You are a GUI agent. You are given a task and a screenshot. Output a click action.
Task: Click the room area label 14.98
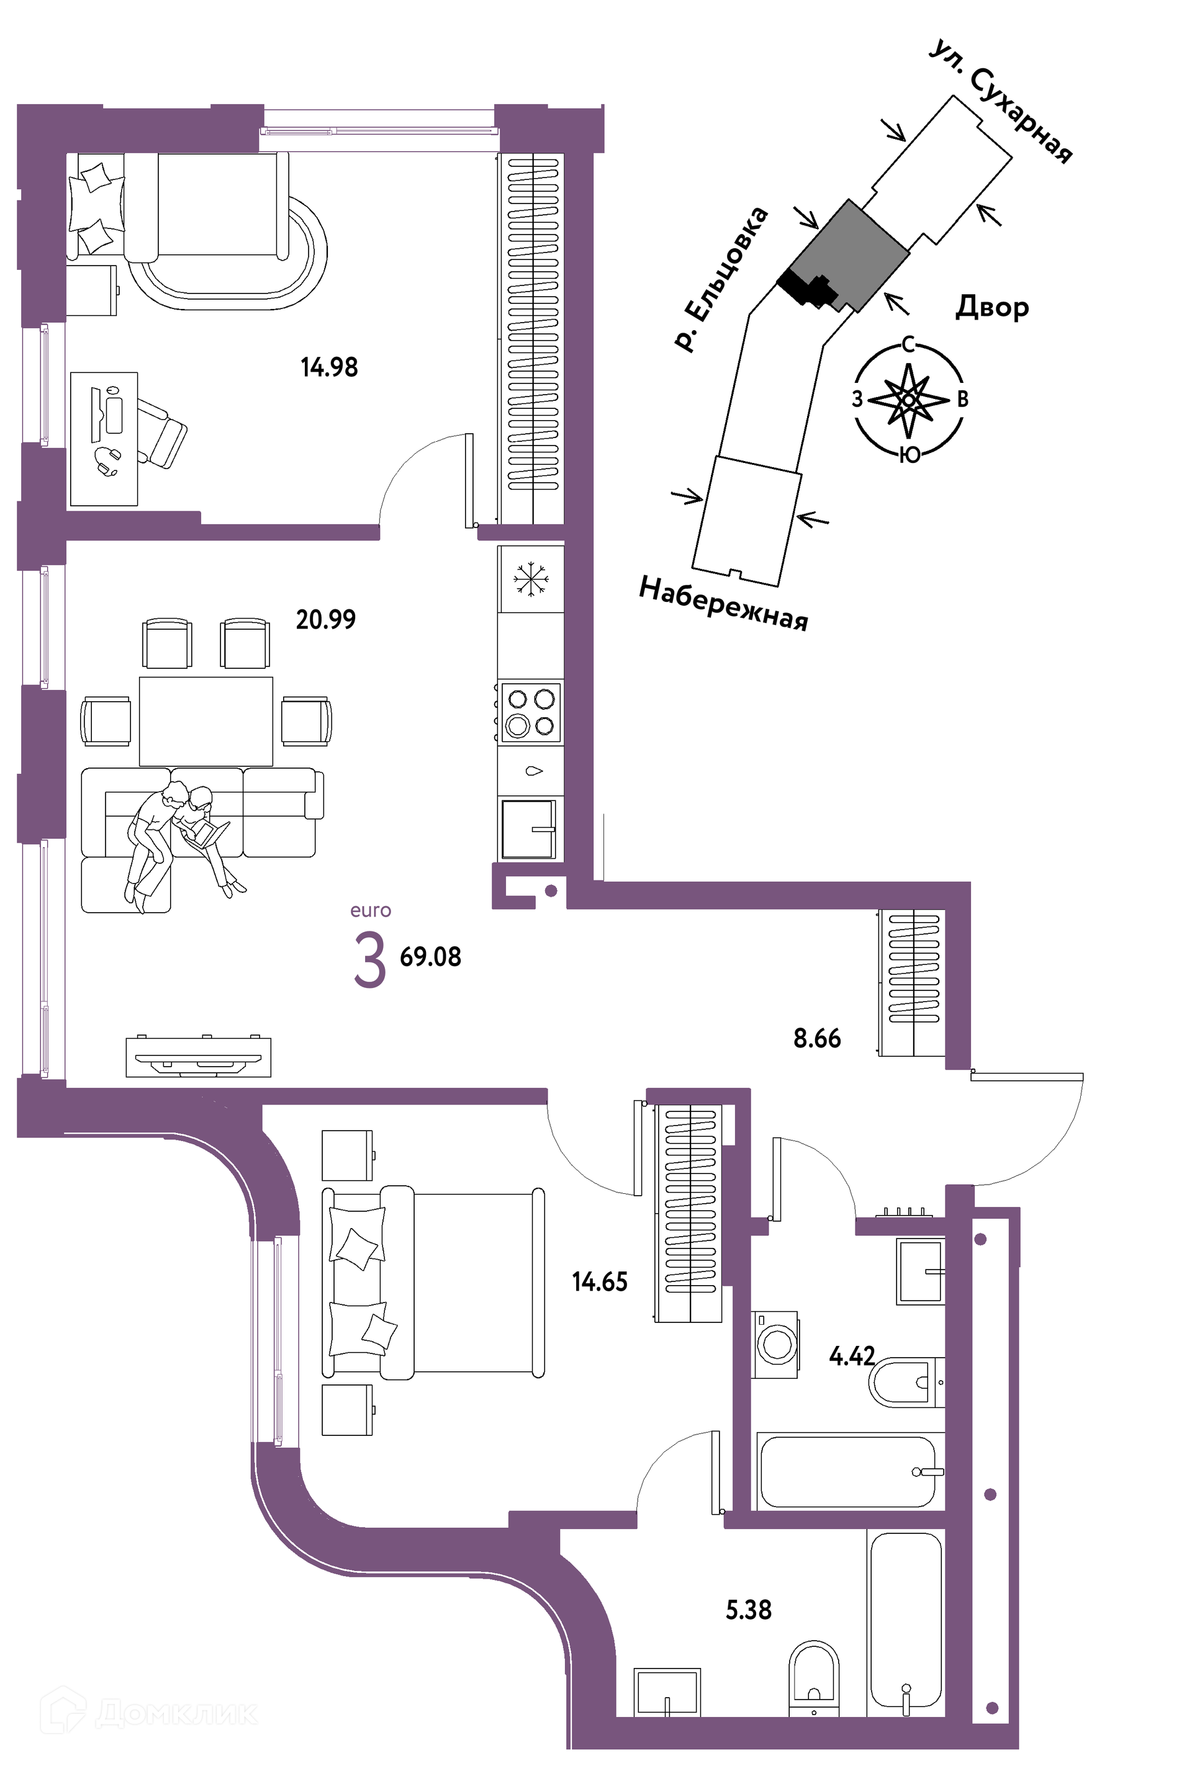tap(329, 368)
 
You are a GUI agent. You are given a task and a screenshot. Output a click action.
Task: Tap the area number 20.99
tap(326, 619)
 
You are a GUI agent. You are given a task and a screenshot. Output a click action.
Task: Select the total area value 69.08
tap(430, 957)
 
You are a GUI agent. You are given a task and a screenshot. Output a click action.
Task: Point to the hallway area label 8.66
tap(817, 1038)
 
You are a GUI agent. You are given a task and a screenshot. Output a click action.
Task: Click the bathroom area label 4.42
tap(852, 1356)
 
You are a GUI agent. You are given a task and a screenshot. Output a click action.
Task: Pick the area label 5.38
tap(749, 1610)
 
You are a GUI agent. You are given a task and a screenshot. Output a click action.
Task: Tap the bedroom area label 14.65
tap(600, 1282)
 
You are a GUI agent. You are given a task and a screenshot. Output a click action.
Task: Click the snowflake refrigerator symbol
tap(531, 579)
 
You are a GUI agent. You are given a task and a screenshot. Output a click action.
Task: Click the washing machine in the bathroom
tap(775, 1344)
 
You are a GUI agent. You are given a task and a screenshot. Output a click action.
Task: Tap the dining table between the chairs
tap(206, 721)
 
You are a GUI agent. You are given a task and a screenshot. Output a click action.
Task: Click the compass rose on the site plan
tap(909, 399)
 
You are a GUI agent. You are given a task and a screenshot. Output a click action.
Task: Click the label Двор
tap(992, 307)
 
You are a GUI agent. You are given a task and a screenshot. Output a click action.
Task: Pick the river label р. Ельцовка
tap(721, 279)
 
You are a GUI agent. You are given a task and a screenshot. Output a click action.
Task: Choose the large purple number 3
tap(370, 961)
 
